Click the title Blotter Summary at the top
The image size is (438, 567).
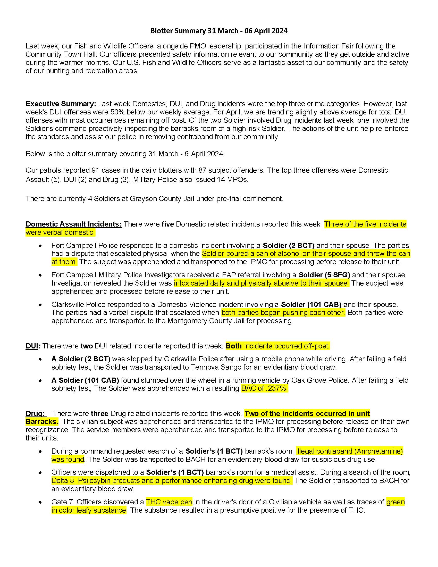pos(219,31)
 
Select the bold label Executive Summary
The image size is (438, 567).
pos(61,104)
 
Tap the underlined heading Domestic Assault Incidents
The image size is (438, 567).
pos(73,224)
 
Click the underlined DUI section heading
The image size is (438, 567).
pos(32,346)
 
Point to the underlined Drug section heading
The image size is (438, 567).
pos(35,413)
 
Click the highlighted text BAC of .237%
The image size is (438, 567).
pos(264,388)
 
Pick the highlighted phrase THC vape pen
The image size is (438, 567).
pos(169,502)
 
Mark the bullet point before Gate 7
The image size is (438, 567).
pos(40,502)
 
